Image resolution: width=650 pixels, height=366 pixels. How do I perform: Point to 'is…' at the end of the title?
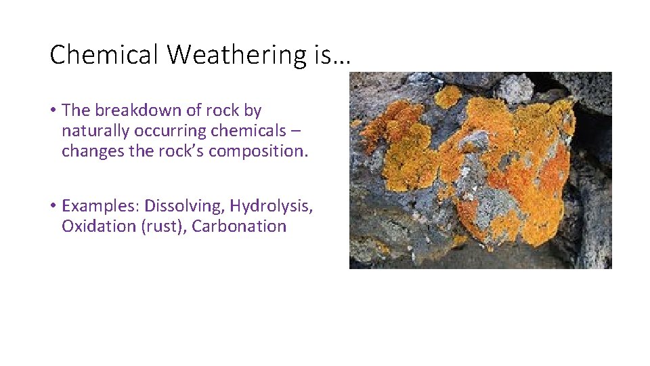pyautogui.click(x=332, y=55)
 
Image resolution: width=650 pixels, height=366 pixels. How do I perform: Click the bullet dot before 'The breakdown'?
pyautogui.click(x=53, y=110)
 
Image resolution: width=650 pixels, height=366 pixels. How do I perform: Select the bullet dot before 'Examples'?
pyautogui.click(x=53, y=205)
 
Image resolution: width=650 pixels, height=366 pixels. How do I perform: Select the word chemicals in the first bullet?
pyautogui.click(x=246, y=130)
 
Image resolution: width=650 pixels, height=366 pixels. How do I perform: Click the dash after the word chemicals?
pyautogui.click(x=297, y=131)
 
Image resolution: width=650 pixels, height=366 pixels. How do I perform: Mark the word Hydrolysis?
pyautogui.click(x=271, y=205)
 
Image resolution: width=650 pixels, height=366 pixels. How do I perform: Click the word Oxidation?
pyautogui.click(x=99, y=226)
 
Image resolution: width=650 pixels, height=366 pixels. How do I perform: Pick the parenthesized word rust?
pyautogui.click(x=163, y=226)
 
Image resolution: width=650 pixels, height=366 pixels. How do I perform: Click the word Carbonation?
pyautogui.click(x=239, y=226)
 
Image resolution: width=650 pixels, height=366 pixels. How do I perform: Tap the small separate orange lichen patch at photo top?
pyautogui.click(x=448, y=96)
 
